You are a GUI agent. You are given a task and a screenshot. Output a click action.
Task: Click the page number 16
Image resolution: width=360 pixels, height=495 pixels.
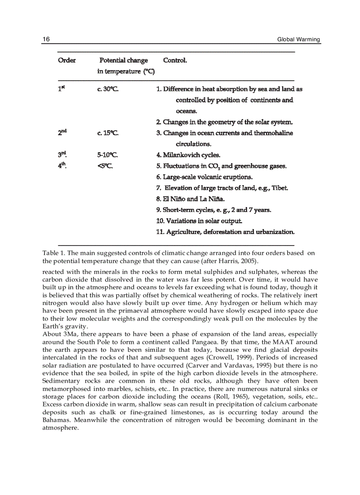click(45, 40)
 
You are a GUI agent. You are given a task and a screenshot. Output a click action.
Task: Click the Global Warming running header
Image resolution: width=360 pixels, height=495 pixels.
click(299, 40)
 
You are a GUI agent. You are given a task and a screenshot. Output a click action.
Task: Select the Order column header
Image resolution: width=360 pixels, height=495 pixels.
click(67, 60)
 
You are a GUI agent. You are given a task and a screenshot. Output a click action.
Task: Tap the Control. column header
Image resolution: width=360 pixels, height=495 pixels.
click(175, 60)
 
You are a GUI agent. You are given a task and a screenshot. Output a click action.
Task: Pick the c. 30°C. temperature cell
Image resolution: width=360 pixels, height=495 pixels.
click(108, 89)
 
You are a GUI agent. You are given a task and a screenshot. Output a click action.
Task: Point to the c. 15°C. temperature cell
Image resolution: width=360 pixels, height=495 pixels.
click(108, 133)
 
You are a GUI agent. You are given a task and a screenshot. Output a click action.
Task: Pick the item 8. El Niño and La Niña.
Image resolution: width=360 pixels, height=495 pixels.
click(187, 199)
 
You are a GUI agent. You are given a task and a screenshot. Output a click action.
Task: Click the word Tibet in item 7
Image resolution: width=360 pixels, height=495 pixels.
click(280, 188)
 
